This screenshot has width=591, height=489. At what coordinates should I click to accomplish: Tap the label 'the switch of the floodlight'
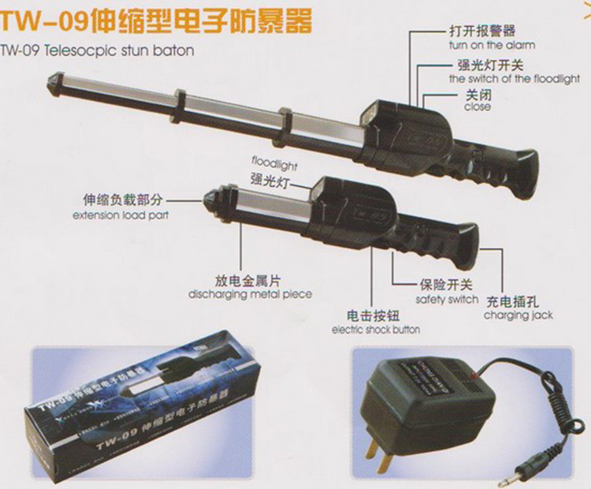click(x=514, y=79)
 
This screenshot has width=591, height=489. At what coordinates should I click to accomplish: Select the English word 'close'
click(x=478, y=107)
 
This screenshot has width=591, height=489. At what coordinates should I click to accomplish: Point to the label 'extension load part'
click(x=121, y=215)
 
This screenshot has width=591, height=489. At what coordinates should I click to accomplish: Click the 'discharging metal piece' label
click(x=250, y=294)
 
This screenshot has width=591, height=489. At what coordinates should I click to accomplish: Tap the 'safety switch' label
click(x=447, y=300)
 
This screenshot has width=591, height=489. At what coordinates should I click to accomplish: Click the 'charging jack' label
click(x=518, y=315)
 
